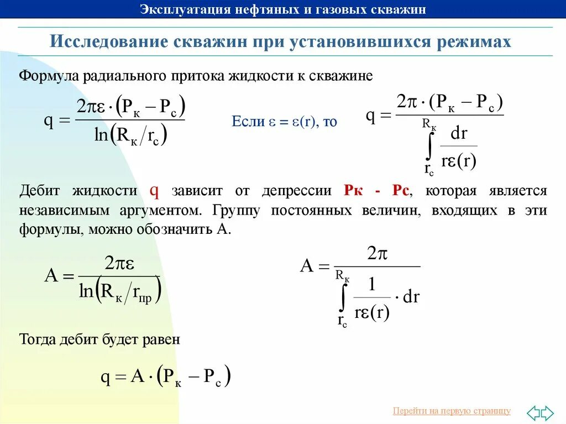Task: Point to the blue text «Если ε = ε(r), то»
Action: tap(284, 122)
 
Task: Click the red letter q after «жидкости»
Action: tap(155, 191)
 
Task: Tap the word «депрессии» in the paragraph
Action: tap(298, 191)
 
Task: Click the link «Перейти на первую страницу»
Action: tap(452, 411)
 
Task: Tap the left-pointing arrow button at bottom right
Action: tap(533, 412)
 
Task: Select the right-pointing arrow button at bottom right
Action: tap(547, 412)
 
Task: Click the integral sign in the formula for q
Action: tap(429, 147)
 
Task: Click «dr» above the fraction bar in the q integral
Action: tap(459, 133)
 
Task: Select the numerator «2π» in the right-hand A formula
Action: tap(377, 254)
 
